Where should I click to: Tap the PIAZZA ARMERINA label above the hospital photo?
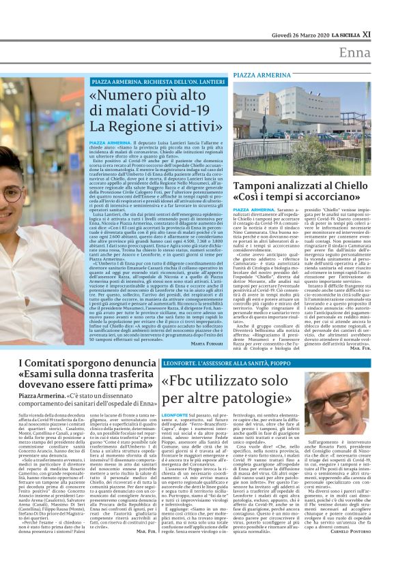[261, 74]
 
